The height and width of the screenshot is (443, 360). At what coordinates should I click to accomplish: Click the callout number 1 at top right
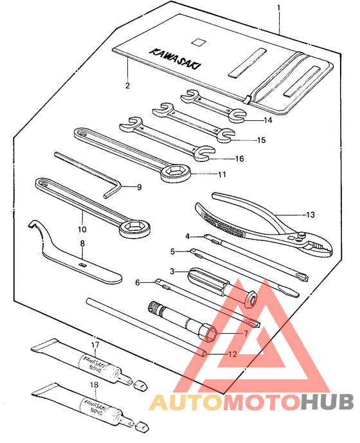[x=278, y=8]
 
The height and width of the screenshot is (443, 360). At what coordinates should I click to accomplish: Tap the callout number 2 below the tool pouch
[x=127, y=86]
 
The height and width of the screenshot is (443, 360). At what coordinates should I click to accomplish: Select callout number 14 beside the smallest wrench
[x=267, y=120]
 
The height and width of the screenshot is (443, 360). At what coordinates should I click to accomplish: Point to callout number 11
[x=222, y=174]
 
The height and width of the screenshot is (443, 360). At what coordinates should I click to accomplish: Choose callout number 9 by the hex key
[x=138, y=188]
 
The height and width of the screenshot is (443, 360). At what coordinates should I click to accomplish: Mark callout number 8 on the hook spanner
[x=82, y=244]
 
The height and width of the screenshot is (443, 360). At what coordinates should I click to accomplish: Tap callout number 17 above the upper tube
[x=94, y=345]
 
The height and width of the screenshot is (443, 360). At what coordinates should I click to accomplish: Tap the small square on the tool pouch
[x=201, y=42]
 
